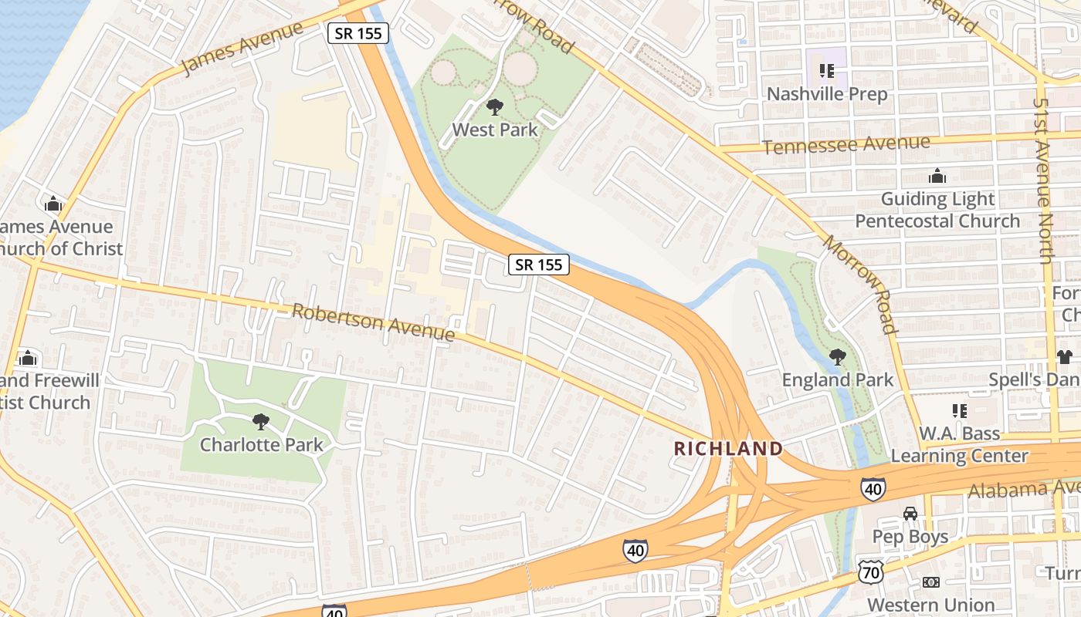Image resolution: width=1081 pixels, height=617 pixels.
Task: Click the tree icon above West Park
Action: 494,107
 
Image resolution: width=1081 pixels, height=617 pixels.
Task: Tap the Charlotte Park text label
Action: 261,445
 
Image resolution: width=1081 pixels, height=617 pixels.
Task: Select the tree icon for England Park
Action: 837,357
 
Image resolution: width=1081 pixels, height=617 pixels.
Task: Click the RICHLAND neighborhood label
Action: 728,448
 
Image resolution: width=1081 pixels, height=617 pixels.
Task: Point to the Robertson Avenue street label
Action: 373,322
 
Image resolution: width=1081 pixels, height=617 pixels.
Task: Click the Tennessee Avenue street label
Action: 846,144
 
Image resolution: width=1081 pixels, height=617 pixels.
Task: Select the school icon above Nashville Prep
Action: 827,72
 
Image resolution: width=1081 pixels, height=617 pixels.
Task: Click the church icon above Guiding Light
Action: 937,177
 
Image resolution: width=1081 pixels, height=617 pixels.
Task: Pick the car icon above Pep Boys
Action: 910,514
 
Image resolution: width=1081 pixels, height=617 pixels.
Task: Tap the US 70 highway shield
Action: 869,571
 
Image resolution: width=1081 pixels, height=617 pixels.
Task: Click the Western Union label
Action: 931,605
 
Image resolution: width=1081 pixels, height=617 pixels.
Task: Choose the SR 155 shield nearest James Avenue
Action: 358,33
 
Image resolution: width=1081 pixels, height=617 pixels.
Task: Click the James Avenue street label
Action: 242,49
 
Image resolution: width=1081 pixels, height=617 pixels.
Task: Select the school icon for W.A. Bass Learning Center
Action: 959,411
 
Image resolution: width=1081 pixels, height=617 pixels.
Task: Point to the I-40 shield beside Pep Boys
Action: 873,488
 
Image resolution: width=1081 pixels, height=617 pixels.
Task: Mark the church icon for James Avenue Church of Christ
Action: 53,204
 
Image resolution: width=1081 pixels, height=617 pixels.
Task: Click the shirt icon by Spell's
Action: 1065,357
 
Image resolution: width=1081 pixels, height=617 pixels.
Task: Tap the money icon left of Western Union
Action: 931,582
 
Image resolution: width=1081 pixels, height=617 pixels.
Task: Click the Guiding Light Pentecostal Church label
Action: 937,210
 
